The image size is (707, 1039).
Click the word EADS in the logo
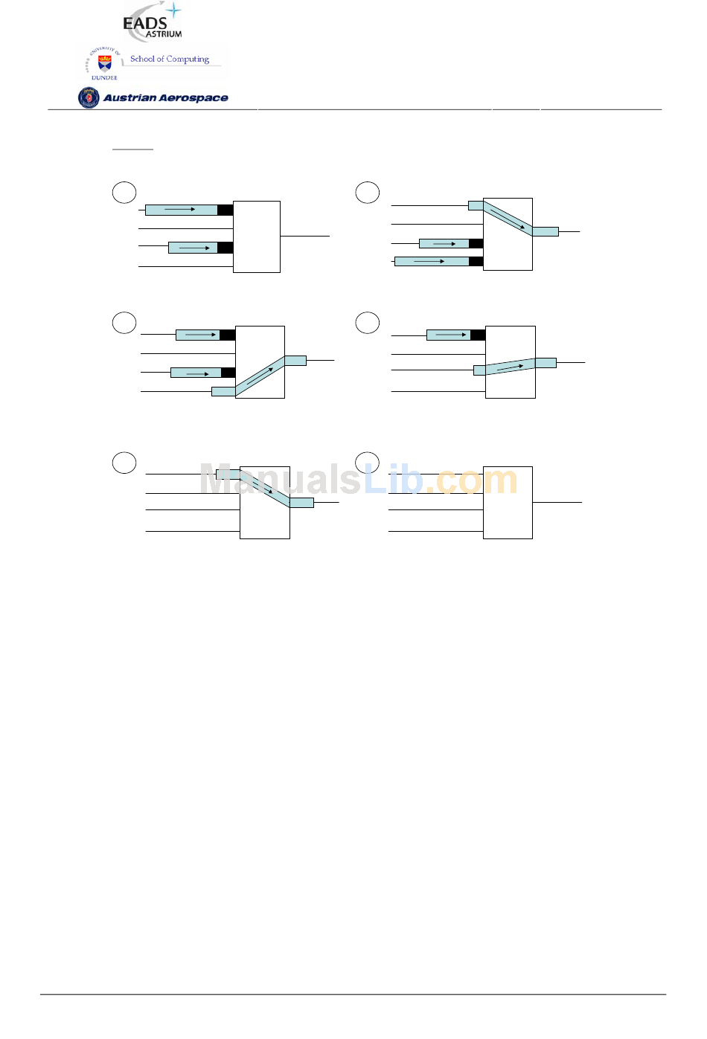145,23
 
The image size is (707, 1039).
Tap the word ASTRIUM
164,34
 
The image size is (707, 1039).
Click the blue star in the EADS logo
173,10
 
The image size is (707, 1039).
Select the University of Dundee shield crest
105,63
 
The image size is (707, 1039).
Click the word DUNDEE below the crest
104,78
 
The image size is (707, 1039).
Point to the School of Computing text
170,59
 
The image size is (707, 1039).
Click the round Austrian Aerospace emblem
89,98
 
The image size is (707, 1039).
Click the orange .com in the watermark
471,480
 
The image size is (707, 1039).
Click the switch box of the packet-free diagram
508,502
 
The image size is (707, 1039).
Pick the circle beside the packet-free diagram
367,463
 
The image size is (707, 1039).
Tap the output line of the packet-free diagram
557,502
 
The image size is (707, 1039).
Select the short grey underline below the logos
132,149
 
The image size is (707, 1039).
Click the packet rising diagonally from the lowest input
259,376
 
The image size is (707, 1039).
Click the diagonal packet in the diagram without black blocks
265,489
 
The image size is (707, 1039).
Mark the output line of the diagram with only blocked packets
305,236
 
